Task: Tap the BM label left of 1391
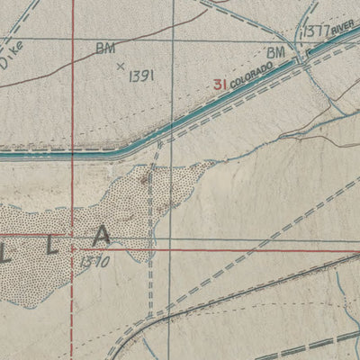pos(105,49)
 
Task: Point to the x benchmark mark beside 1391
pos(120,66)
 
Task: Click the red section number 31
pos(220,85)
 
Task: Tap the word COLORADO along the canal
pos(249,77)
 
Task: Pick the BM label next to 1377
pos(274,52)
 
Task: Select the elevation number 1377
pos(315,31)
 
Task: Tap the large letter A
pos(101,236)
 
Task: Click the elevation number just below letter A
pos(94,262)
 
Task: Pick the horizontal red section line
pos(225,247)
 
